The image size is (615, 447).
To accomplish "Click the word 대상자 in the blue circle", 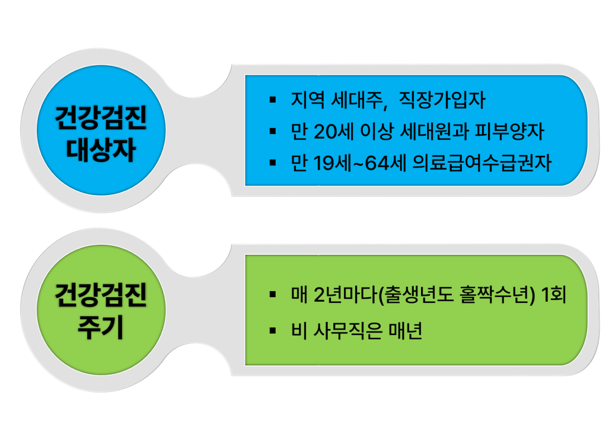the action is coord(101,150).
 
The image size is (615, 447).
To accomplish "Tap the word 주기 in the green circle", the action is coord(101,327).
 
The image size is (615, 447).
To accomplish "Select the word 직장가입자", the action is coord(442,99).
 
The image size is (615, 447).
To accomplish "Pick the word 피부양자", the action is coord(509,131).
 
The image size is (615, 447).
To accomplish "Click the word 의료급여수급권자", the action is coord(482,163).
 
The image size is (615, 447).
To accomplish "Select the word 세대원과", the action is coord(434,131).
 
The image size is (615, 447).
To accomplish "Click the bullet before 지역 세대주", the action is coord(273,100).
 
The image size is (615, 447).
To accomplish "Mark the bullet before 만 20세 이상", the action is coord(273,131).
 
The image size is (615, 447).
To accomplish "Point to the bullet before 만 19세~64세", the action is coord(273,163).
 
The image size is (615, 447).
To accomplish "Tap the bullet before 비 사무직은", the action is coord(273,331).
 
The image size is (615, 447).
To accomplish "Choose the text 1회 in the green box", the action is coord(553,295).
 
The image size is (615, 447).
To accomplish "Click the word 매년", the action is coord(405,331).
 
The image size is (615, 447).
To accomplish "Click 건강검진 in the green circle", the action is coord(101,295).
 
